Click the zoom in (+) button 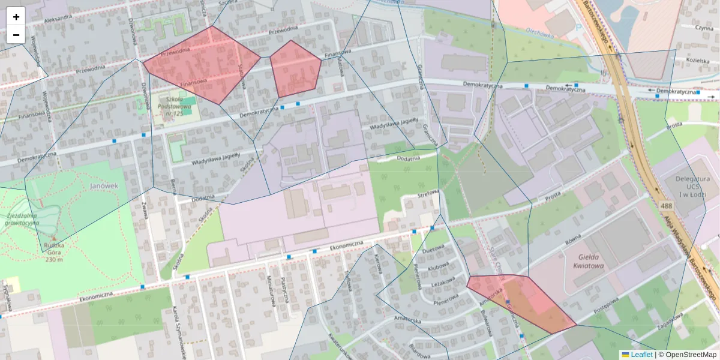tap(16, 17)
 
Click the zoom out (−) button tap(16, 34)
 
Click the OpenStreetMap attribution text tap(688, 355)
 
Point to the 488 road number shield tap(666, 206)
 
